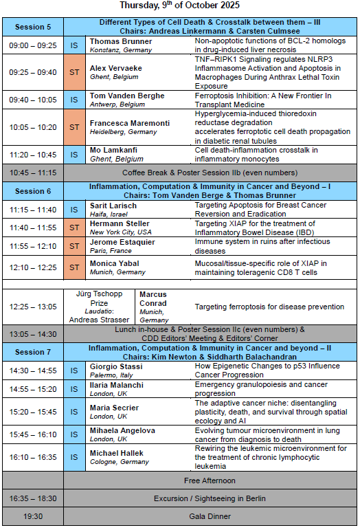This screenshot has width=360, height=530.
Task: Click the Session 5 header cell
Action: pos(33,27)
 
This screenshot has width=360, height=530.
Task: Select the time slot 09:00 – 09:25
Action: pos(33,45)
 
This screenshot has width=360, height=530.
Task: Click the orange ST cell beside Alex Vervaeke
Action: pos(74,71)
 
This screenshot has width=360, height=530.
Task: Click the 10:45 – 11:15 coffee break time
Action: pos(33,173)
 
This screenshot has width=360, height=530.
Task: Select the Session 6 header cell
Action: pos(33,191)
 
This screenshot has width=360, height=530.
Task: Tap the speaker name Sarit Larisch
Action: pos(113,206)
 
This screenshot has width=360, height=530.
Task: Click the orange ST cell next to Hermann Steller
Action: pos(74,228)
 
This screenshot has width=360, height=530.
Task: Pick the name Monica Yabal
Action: pos(114,263)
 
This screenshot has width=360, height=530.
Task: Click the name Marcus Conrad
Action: pos(153,299)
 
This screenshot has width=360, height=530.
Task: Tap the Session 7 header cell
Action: pos(33,352)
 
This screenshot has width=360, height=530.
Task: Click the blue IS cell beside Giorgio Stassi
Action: pos(74,371)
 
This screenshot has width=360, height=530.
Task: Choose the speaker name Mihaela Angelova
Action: pos(122,430)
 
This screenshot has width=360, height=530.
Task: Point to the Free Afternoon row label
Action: pos(210,480)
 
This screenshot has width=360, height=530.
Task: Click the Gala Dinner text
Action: pos(210,516)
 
